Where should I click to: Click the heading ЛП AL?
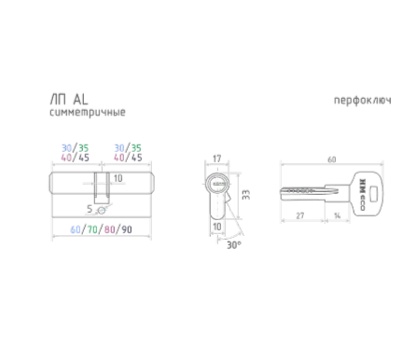[69, 100]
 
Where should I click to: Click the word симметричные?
[88, 112]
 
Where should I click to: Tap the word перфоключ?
[363, 101]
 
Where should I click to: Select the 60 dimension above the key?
[332, 159]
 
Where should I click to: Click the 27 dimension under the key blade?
[300, 215]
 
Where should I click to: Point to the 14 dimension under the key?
[338, 215]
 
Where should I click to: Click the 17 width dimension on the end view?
[216, 159]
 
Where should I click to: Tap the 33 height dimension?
[246, 195]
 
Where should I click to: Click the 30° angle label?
[234, 245]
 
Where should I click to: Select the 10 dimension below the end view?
[217, 227]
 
